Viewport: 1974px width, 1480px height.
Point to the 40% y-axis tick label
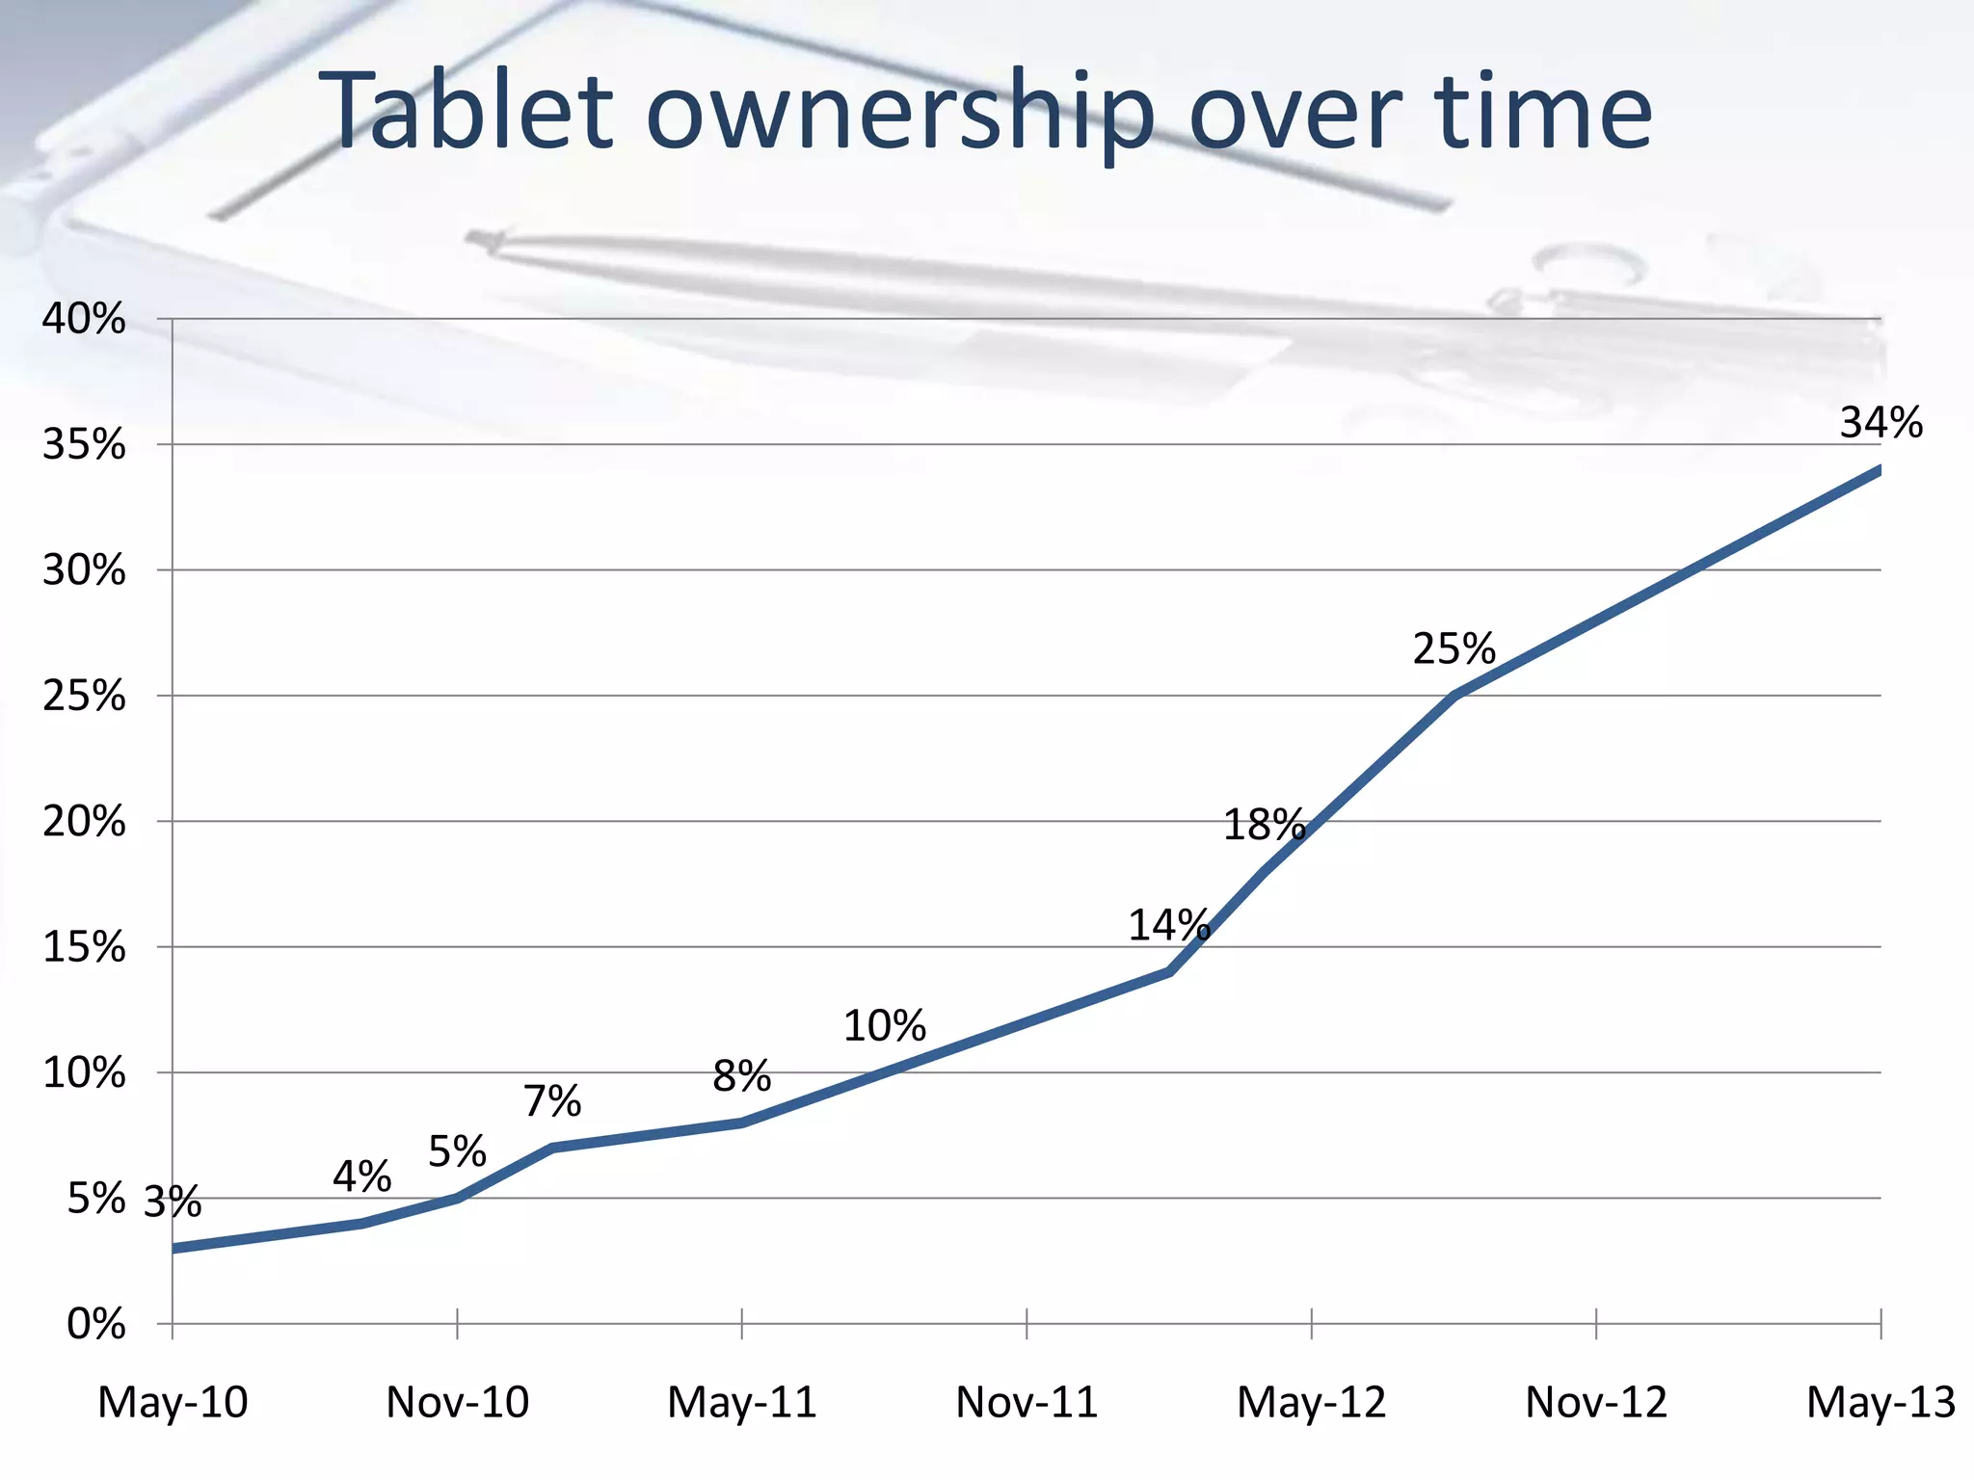84,319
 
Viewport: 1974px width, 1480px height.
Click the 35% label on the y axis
84,445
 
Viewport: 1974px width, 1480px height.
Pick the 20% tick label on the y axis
84,822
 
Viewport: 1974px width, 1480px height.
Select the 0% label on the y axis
95,1325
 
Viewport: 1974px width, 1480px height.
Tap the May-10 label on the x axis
173,1403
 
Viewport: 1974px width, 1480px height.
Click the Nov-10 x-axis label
457,1403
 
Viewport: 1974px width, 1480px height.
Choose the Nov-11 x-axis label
1027,1403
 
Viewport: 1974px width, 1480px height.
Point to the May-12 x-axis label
1311,1403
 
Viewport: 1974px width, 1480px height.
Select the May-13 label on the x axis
1881,1403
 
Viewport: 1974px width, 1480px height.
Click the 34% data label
1881,423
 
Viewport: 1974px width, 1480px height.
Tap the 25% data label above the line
1454,649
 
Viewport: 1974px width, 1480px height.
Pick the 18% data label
1264,826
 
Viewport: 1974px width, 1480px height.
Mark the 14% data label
1168,926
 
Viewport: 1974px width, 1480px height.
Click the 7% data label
552,1101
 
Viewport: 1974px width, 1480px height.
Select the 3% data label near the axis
173,1202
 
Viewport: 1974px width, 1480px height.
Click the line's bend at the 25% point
1454,694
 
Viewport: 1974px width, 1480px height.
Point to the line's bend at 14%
1169,971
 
